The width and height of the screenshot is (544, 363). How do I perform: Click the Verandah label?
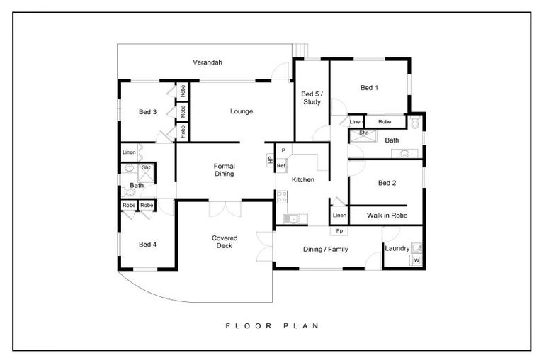click(208, 62)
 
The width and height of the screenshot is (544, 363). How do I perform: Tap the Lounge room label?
click(242, 111)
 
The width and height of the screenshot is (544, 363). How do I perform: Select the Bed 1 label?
click(369, 88)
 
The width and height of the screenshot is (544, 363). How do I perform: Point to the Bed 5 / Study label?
click(311, 98)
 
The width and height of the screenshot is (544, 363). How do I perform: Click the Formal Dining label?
click(224, 169)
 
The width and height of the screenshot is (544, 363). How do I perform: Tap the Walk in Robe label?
click(386, 215)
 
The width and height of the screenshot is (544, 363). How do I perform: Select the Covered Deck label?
click(225, 242)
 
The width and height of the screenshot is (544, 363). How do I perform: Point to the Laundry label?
click(397, 248)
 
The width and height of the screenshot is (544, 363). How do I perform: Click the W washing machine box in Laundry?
click(416, 260)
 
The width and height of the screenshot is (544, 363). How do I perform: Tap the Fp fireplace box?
click(339, 231)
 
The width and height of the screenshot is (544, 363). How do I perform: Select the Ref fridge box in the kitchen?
click(280, 166)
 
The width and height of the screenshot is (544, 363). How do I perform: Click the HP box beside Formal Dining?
click(270, 160)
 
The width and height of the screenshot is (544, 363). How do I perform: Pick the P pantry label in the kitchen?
click(283, 151)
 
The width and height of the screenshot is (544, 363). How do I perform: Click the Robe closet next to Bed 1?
click(385, 122)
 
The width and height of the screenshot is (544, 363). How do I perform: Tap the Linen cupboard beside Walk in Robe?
click(339, 215)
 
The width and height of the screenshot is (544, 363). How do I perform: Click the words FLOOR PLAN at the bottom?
click(273, 326)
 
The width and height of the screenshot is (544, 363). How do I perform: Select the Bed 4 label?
click(147, 245)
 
